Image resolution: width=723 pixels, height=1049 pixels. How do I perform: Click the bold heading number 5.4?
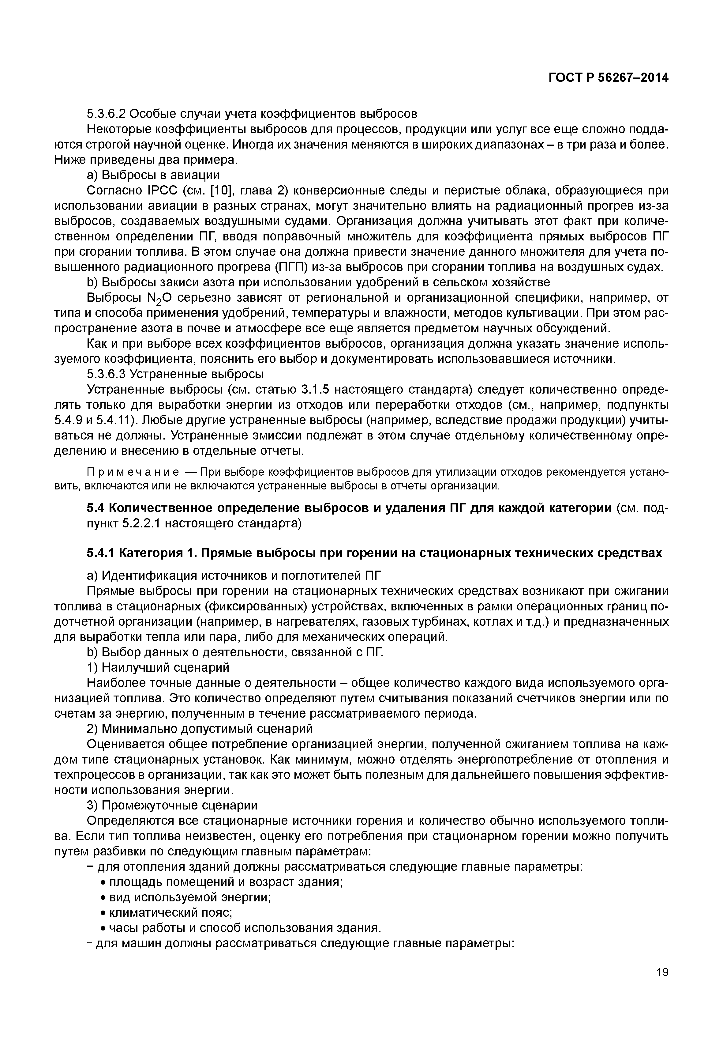(96, 508)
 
